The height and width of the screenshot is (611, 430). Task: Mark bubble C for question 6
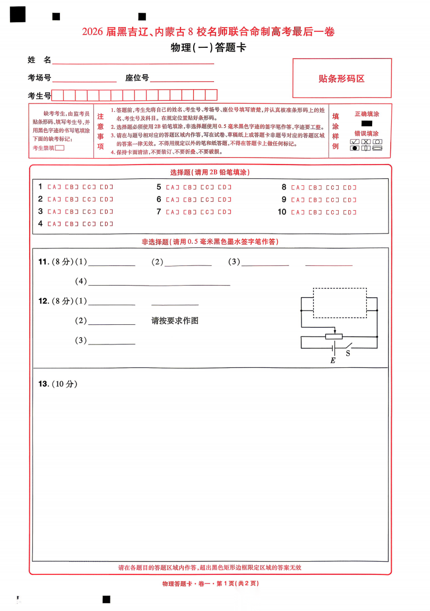coord(208,200)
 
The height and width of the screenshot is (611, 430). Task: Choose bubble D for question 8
coord(350,187)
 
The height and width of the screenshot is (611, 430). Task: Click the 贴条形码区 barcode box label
coord(341,79)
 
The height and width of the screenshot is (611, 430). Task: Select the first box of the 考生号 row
coord(58,96)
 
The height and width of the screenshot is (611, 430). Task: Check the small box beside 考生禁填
coord(60,148)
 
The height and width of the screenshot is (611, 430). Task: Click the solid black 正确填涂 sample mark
coord(367,123)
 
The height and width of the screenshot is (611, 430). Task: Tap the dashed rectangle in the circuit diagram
coord(340,303)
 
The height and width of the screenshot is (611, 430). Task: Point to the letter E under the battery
coord(333,361)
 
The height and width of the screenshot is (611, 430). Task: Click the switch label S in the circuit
coord(348,353)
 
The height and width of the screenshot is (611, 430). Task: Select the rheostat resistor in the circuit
coord(334,336)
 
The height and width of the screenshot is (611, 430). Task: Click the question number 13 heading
coord(44,384)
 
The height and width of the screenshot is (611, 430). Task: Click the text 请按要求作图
coord(175,321)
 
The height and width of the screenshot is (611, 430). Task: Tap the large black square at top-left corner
coord(18,15)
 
